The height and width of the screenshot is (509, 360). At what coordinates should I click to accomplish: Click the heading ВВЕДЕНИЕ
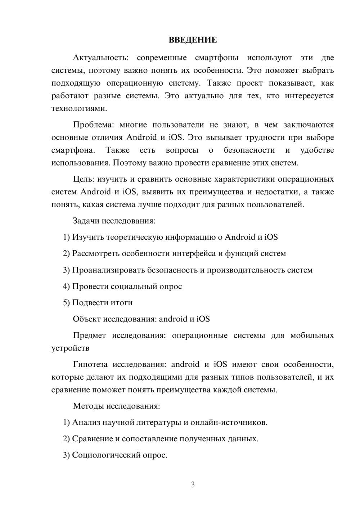(193, 40)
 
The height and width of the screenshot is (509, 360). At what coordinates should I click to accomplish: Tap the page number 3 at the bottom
(193, 485)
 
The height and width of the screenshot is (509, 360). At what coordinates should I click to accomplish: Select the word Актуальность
(99, 58)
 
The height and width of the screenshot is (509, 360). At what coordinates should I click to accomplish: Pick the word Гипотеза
(90, 364)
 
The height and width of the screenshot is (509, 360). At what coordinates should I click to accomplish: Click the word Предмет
(89, 335)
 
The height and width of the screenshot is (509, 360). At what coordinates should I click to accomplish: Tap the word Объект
(87, 319)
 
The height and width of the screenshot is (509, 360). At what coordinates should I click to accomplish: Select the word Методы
(89, 406)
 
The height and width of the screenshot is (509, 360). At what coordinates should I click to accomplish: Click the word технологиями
(79, 108)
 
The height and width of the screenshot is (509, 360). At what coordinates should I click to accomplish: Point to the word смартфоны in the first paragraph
(216, 58)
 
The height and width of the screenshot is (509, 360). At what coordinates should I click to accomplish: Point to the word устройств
(70, 348)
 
